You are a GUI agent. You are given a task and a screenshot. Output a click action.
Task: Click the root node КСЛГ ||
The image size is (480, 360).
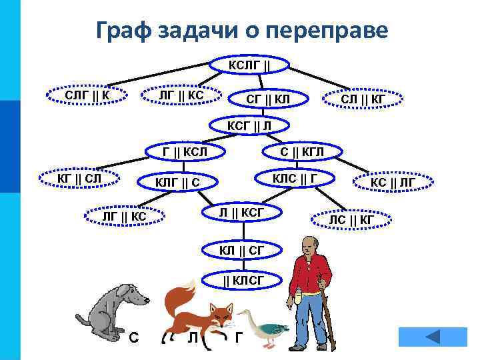coord(249,65)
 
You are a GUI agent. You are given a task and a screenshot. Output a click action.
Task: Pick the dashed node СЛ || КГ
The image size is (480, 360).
coord(363,99)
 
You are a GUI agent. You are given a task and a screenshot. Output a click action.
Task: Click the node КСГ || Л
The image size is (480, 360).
coord(249,125)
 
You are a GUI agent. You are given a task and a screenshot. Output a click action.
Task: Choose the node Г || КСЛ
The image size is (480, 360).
coord(185,152)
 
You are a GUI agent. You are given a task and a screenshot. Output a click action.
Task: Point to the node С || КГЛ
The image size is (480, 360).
coord(302,152)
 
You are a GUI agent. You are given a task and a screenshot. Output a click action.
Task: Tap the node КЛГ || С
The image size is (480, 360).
coord(177,182)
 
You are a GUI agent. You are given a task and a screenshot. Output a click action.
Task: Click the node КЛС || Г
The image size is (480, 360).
coord(293,179)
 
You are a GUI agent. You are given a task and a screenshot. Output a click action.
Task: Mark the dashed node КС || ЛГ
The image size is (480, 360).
coord(393,181)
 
